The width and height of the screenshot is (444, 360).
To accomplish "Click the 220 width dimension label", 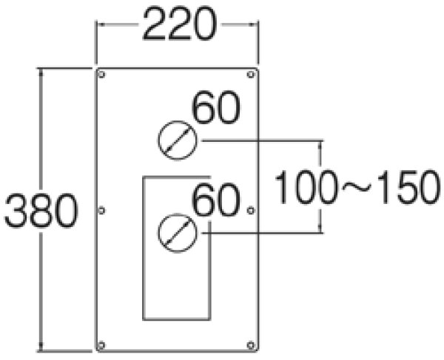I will [x=178, y=25].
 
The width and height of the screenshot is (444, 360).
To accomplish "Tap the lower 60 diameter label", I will [x=216, y=201].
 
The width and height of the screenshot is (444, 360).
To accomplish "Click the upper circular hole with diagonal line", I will [x=177, y=139].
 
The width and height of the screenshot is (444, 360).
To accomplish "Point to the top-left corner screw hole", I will [x=103, y=75].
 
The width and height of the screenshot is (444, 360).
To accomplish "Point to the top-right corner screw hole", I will [x=251, y=75].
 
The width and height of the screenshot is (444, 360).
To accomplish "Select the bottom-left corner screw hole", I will [x=103, y=344].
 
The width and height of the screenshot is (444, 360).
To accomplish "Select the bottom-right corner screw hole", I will [x=251, y=344].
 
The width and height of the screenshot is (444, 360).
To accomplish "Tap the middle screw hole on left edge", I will [x=102, y=211].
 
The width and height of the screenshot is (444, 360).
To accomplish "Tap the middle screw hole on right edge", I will [x=251, y=211].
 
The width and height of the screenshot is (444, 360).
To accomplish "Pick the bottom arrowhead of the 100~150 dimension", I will [x=321, y=228].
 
